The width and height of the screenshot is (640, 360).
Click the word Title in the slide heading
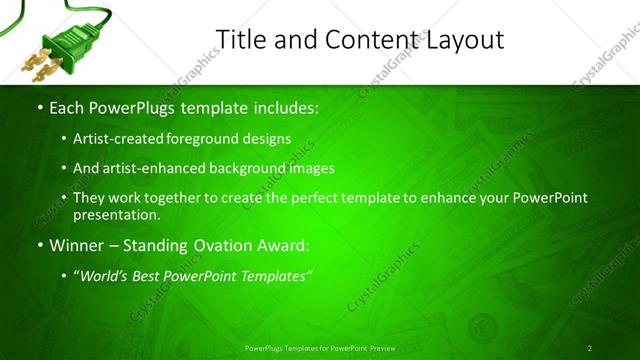[x=238, y=39]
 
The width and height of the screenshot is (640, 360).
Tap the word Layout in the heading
[x=467, y=39]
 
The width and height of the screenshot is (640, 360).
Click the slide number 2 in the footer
[x=589, y=348]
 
